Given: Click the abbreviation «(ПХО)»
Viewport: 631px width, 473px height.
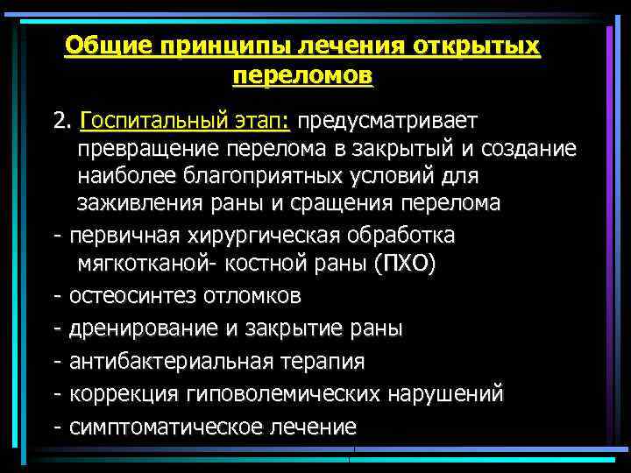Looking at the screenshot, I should point(402,265).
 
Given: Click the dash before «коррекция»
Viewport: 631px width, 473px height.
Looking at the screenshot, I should point(57,394).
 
